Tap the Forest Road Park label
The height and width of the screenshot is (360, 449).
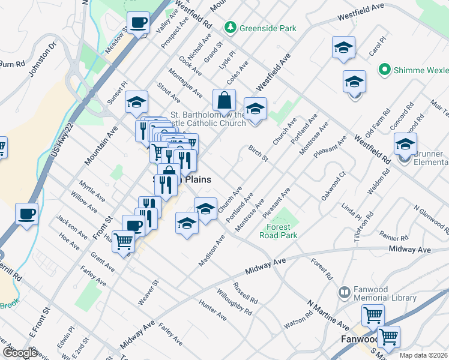tap(279, 232)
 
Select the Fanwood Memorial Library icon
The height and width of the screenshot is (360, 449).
tap(345, 293)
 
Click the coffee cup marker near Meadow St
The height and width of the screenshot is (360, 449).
tap(139, 24)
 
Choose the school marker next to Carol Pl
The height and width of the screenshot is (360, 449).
tap(344, 48)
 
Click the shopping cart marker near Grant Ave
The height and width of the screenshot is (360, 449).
tap(123, 242)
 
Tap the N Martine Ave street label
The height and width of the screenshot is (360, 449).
tap(328, 316)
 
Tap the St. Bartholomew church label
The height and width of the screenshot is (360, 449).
tap(208, 119)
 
